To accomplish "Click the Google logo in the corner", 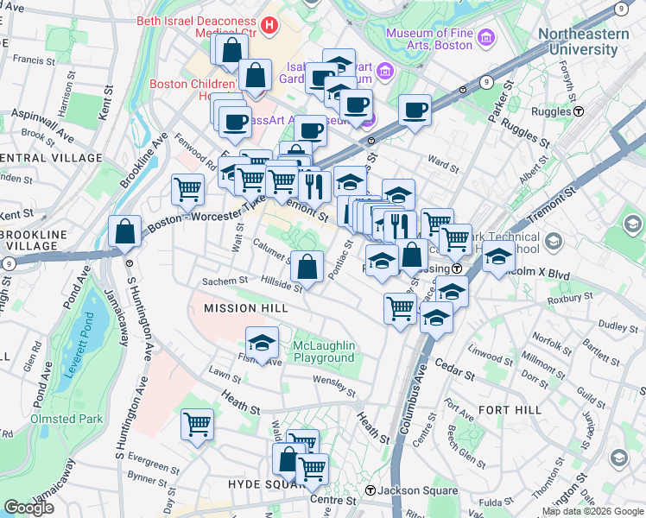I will click(28, 508).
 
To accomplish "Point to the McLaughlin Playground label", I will click(324, 351).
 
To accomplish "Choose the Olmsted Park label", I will click(66, 419).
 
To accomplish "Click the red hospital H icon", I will click(270, 26).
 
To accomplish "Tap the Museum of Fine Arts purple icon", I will click(484, 38).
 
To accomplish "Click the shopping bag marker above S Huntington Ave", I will click(125, 231).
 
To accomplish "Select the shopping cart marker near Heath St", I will click(198, 425).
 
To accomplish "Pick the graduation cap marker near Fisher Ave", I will click(263, 342).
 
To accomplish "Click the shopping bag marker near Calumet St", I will click(307, 267).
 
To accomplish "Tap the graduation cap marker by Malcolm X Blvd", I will click(499, 256).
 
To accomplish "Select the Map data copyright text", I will click(592, 511).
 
